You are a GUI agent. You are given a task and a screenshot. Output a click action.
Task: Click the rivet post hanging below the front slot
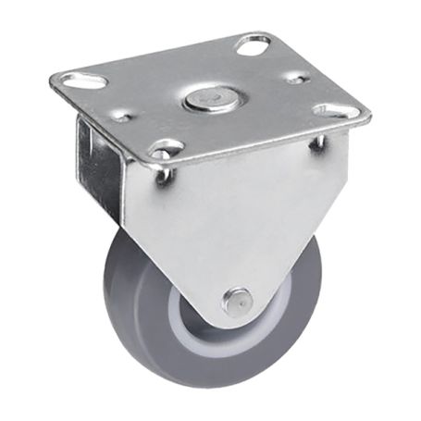tap(164, 173)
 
